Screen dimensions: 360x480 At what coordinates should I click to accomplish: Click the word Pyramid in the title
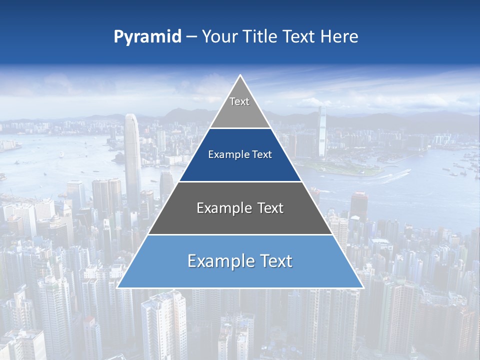tap(147, 37)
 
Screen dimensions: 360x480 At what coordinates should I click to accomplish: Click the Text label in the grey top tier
tap(239, 101)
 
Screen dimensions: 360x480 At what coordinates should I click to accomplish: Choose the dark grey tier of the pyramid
tap(240, 220)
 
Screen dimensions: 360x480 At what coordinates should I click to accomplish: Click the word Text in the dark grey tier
tap(268, 208)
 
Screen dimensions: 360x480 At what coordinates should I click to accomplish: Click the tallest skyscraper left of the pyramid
tap(132, 155)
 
